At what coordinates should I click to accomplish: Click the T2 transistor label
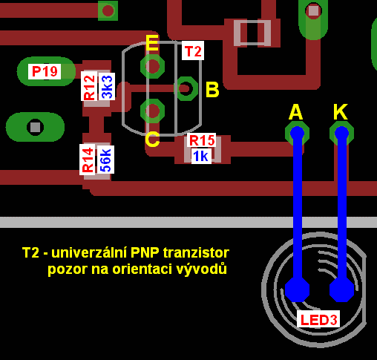193,50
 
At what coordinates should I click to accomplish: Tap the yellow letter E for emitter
152,43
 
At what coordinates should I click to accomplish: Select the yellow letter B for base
212,89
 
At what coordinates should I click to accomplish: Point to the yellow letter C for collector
152,139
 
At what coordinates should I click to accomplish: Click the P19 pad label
45,71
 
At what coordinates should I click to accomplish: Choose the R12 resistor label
89,86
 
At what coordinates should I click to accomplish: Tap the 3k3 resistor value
107,87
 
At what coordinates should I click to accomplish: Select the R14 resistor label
88,160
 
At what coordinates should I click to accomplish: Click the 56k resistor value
105,160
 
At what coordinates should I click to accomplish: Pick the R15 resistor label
202,140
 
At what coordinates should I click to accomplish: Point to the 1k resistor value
201,156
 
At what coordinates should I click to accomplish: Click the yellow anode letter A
296,112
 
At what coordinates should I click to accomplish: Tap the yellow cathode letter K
341,112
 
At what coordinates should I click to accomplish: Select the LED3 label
318,319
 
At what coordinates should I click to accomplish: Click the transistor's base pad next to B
186,88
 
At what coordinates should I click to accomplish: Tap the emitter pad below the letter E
152,66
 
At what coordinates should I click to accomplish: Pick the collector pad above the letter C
152,111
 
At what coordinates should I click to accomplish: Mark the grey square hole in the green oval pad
35,128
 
